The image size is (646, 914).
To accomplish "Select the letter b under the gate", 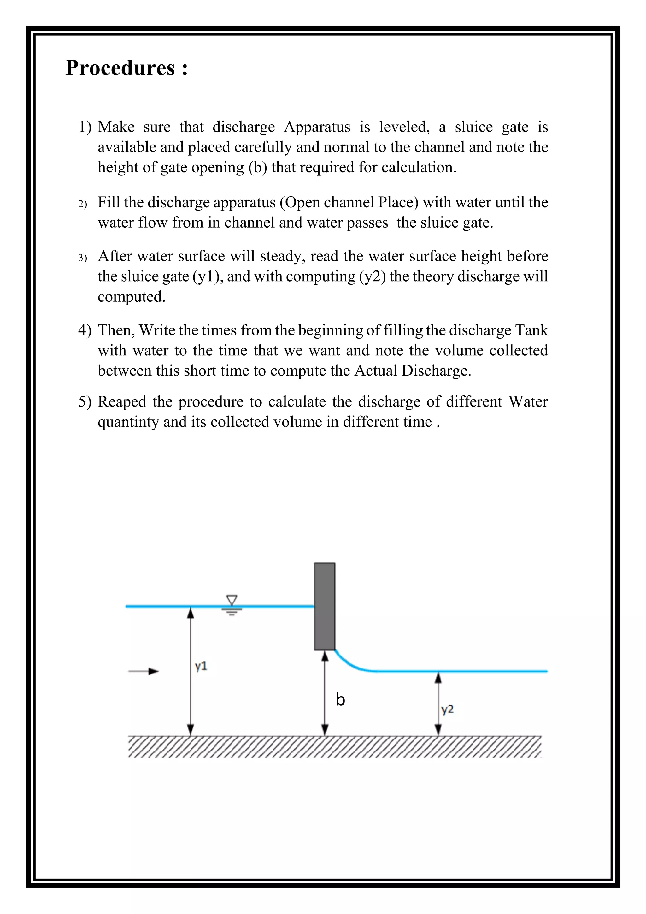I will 340,700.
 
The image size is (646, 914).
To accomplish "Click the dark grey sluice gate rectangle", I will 325,606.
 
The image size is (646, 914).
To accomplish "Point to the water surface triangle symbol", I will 232,601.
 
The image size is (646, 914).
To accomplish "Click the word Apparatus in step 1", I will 317,127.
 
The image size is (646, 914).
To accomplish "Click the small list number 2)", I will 82,204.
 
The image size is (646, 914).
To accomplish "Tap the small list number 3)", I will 82,258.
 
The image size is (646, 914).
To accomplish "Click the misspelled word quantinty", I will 128,422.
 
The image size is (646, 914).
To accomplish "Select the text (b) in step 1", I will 257,167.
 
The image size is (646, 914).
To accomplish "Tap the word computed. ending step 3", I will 131,297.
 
